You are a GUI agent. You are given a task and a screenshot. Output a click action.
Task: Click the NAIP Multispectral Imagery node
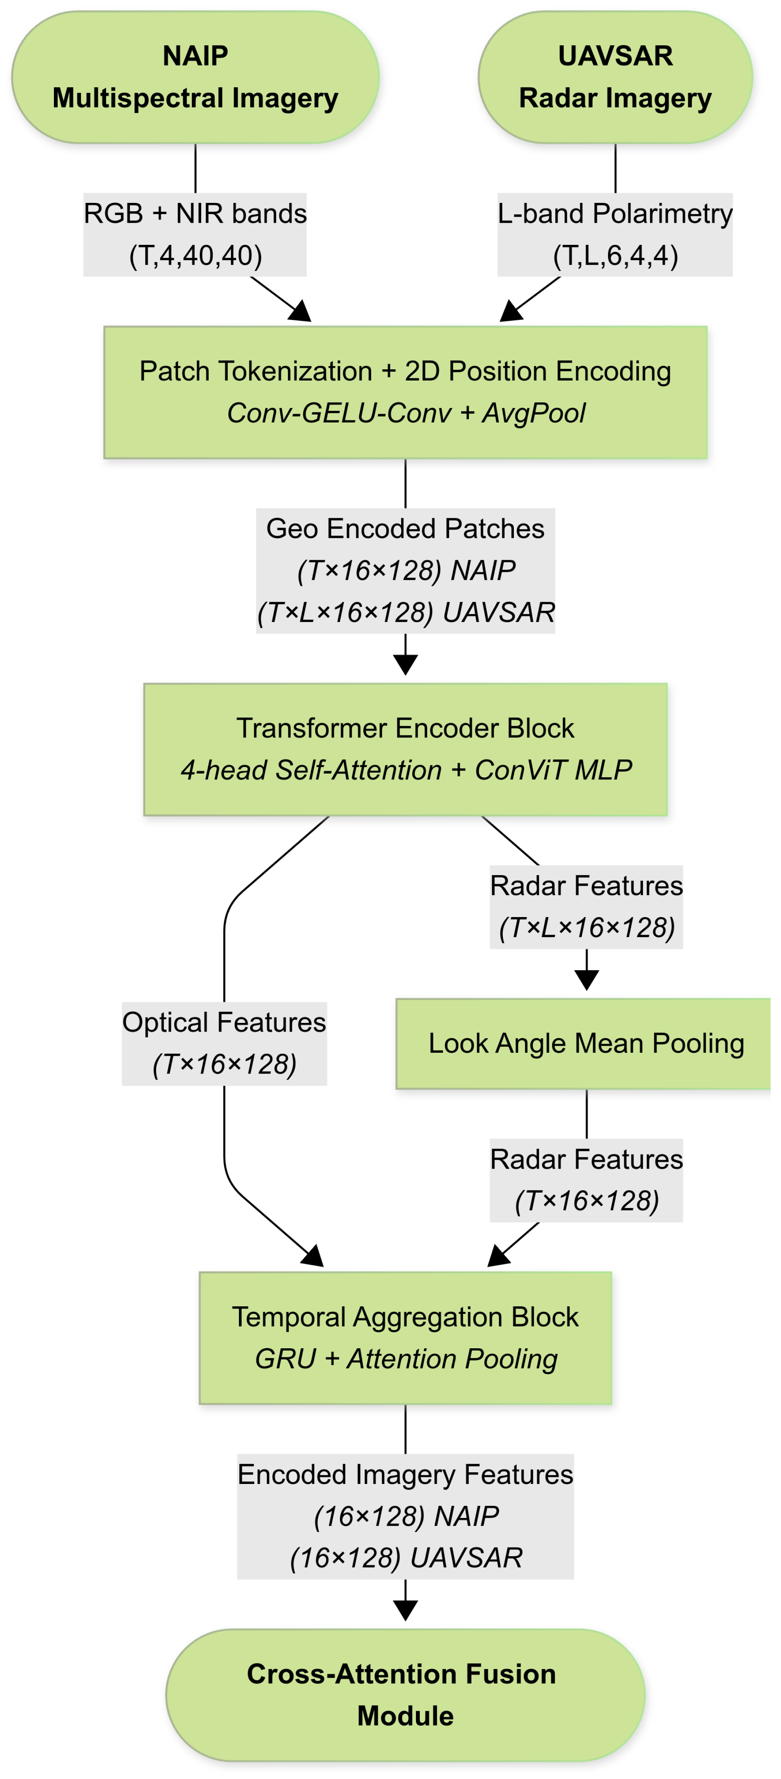tap(195, 77)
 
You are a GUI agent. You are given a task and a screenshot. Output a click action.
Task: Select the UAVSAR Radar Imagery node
tap(615, 77)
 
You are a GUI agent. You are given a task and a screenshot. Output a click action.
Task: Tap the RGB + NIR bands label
tap(195, 234)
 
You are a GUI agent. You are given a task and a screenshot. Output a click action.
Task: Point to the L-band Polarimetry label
tap(615, 234)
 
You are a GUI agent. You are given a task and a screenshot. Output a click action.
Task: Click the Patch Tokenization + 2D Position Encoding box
tap(405, 392)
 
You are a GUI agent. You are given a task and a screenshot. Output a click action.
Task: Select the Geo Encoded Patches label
tap(405, 571)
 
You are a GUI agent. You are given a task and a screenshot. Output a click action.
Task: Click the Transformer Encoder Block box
tap(405, 749)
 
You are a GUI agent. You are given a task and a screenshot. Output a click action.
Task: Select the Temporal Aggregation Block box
tap(405, 1338)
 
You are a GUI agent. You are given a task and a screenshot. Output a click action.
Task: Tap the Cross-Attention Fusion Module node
tap(405, 1695)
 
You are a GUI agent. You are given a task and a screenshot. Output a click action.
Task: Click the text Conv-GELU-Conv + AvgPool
tap(405, 413)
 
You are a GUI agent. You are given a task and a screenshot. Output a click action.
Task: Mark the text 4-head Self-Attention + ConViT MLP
tap(405, 770)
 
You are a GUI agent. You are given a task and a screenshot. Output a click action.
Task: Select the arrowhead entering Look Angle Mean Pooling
tap(586, 980)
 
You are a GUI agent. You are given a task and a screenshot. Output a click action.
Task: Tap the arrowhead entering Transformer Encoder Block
tap(405, 665)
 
